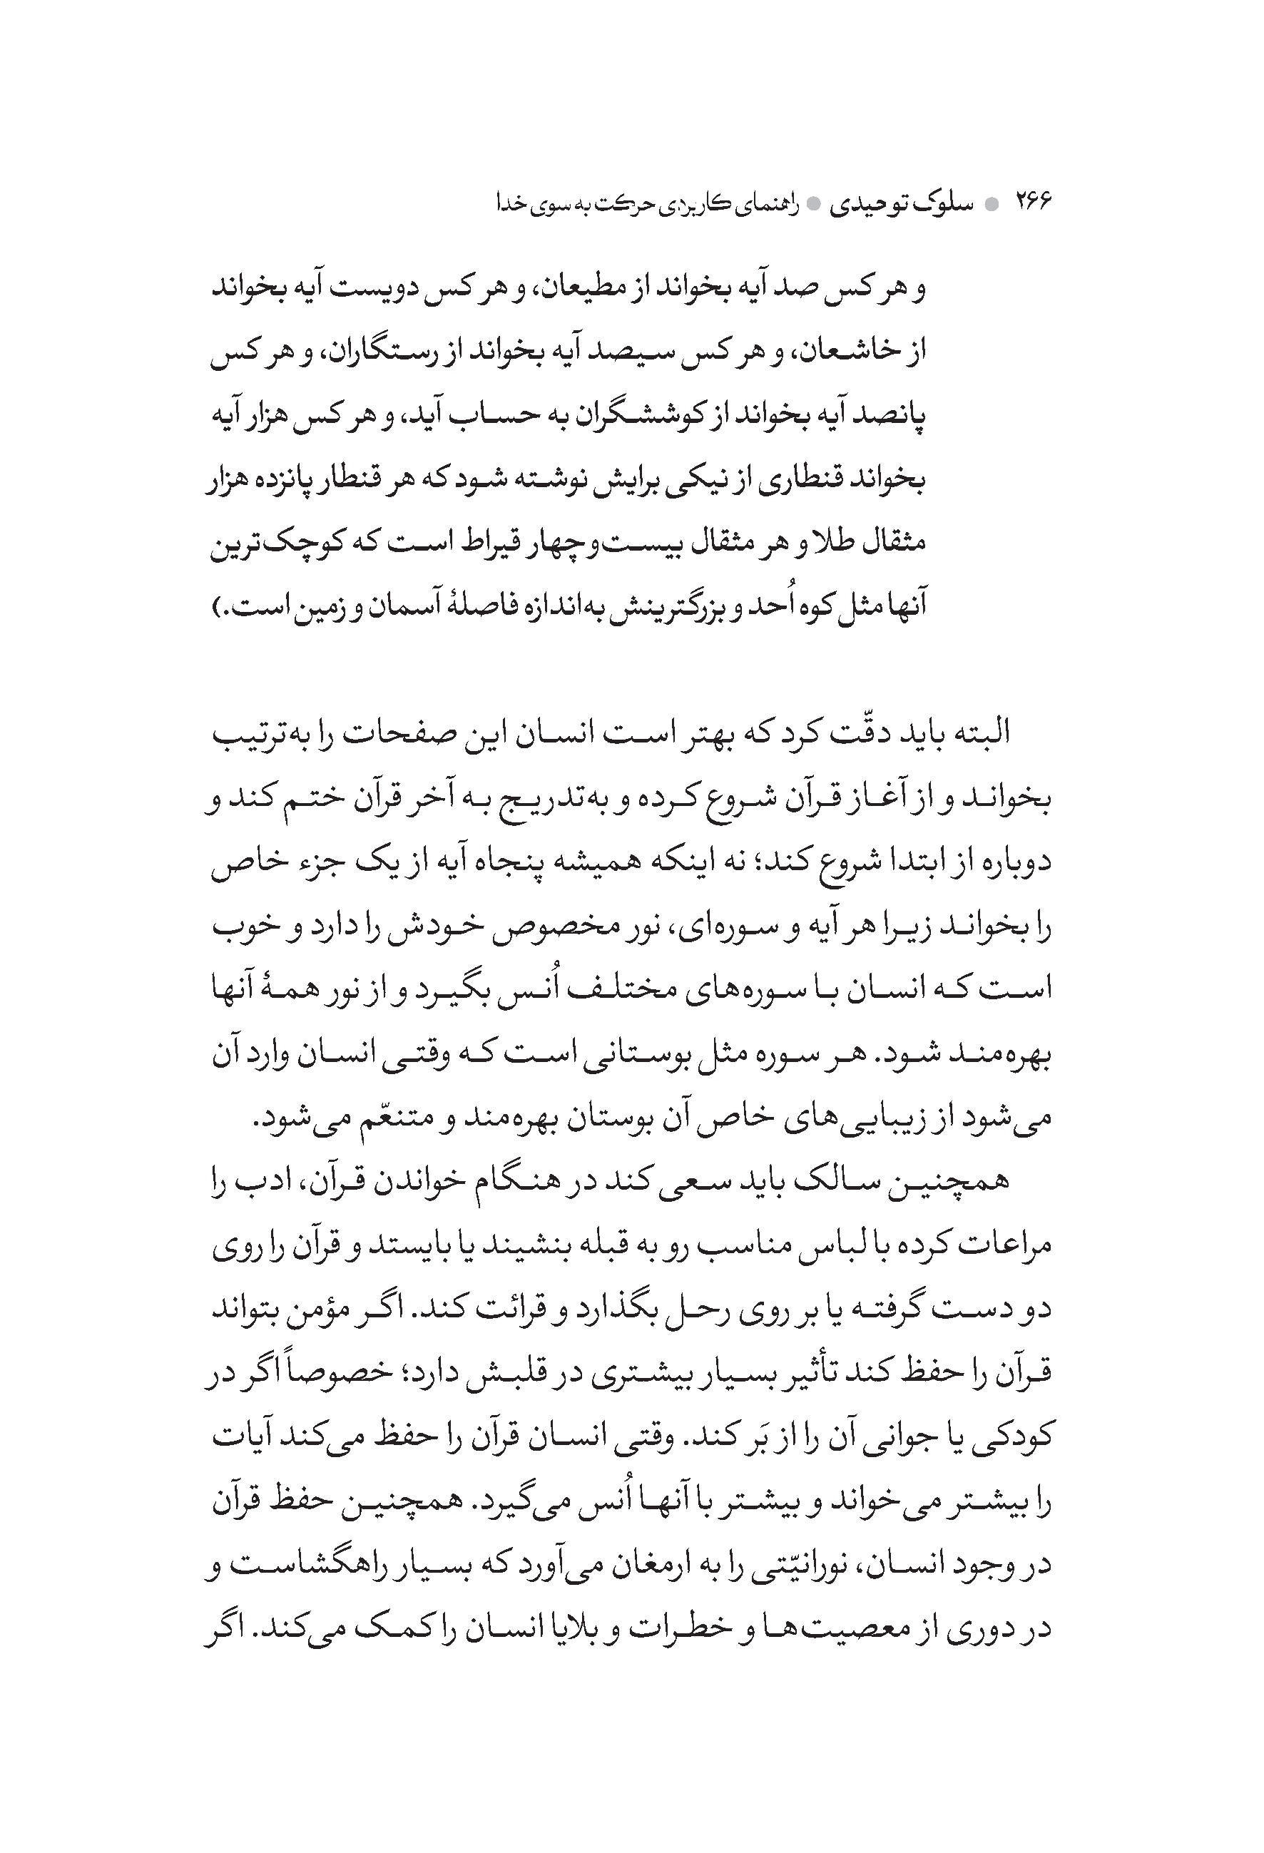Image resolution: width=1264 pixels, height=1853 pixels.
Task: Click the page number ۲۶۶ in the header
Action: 1032,202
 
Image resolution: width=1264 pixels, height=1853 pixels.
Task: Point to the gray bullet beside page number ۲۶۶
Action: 992,204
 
